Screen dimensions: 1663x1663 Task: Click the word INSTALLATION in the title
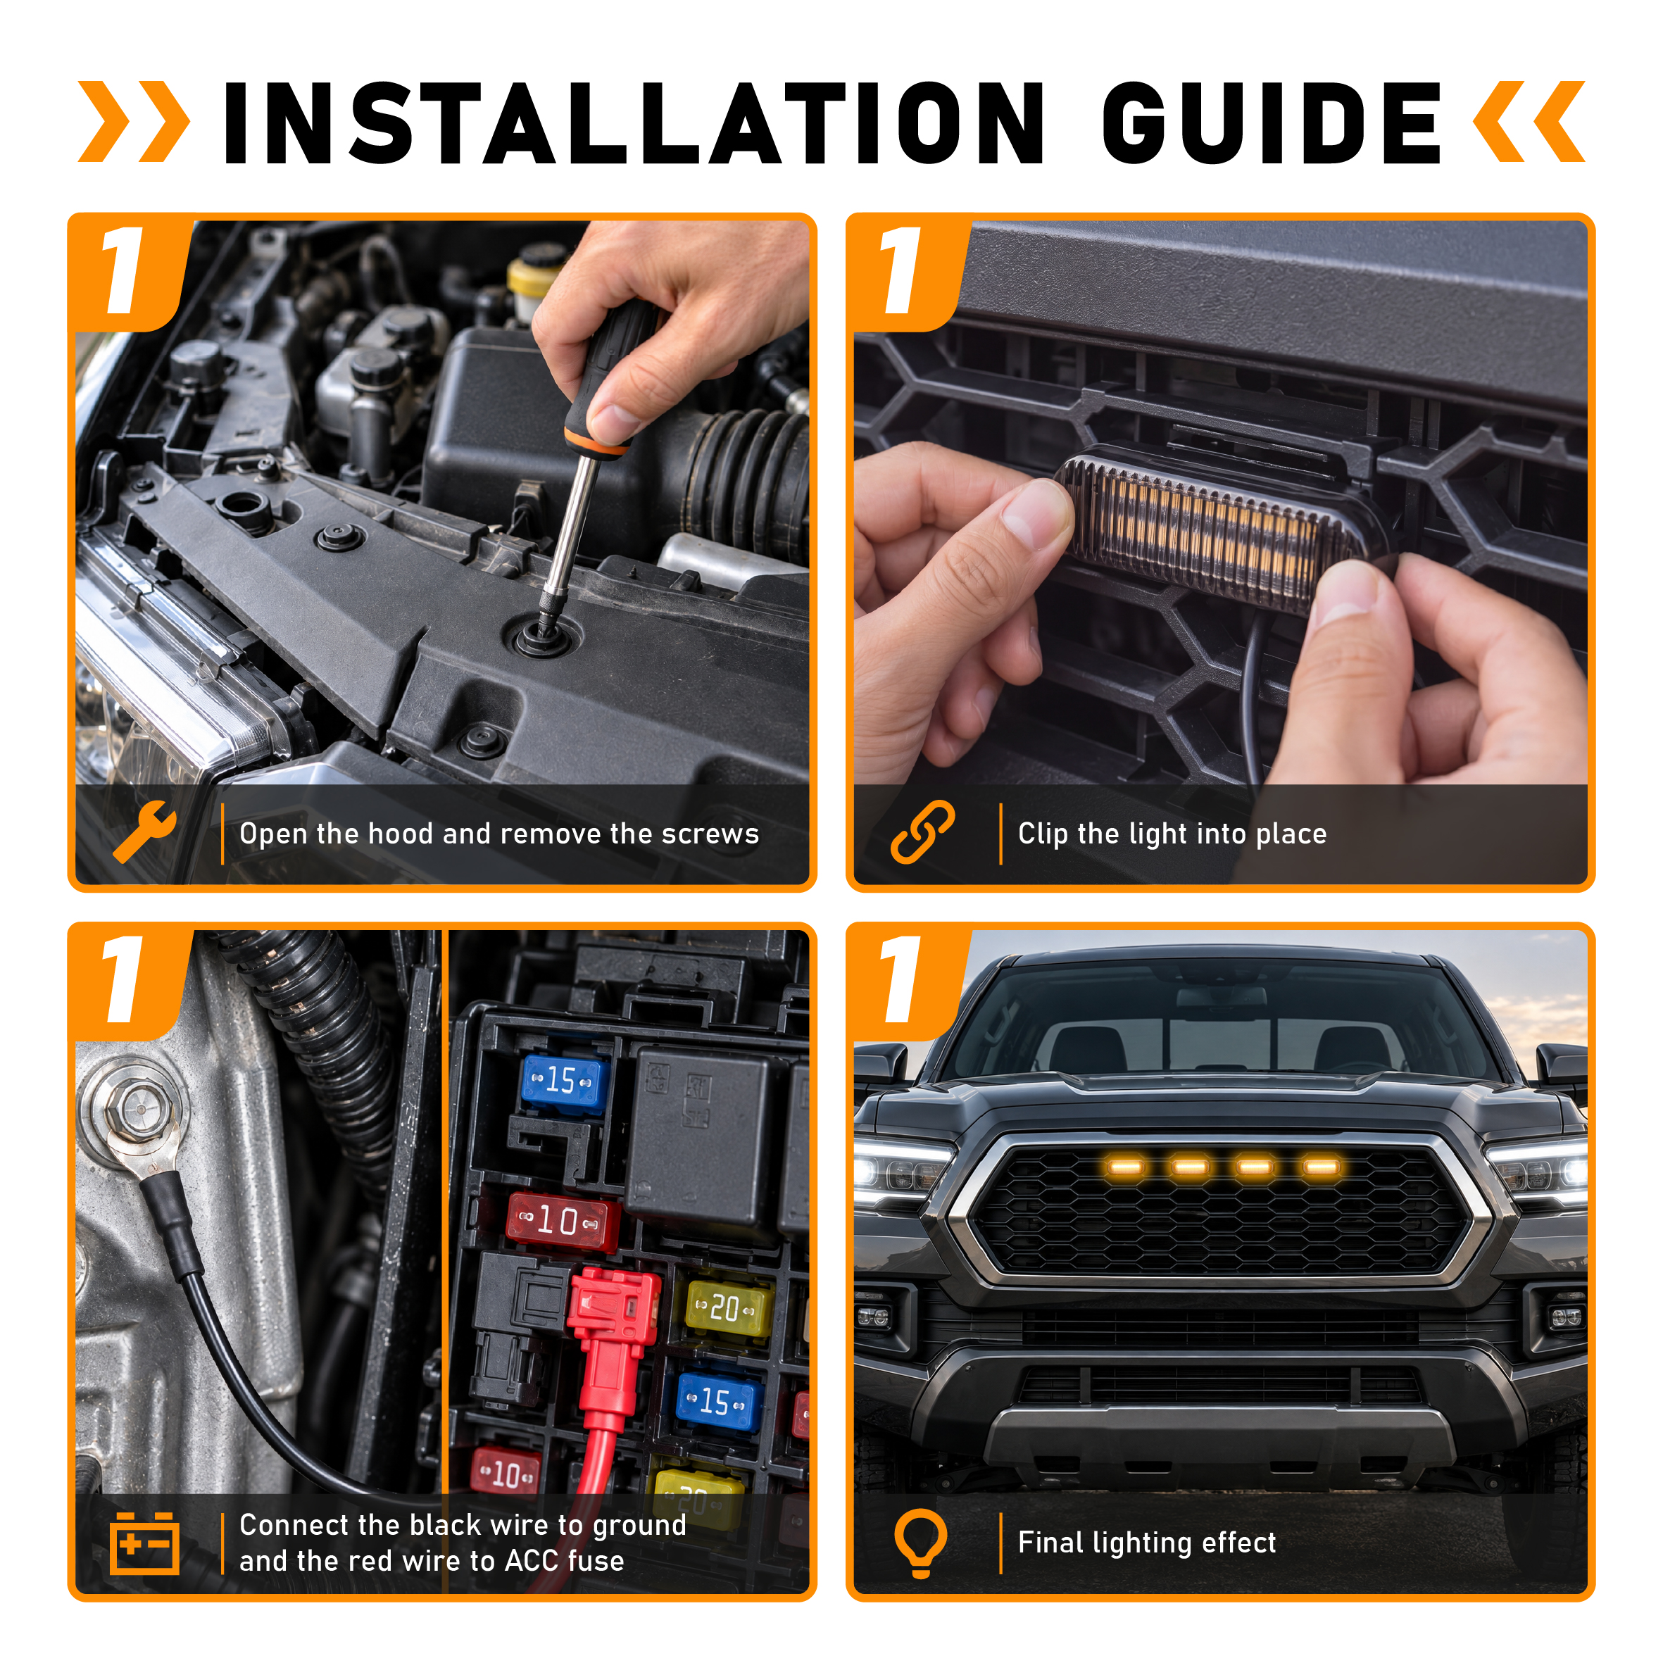click(634, 123)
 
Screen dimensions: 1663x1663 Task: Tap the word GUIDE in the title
click(1272, 123)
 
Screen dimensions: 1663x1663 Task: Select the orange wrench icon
click(144, 831)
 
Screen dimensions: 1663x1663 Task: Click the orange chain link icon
click(922, 831)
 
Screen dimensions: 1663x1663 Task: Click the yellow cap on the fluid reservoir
click(535, 274)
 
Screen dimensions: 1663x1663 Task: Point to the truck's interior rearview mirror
click(1221, 997)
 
